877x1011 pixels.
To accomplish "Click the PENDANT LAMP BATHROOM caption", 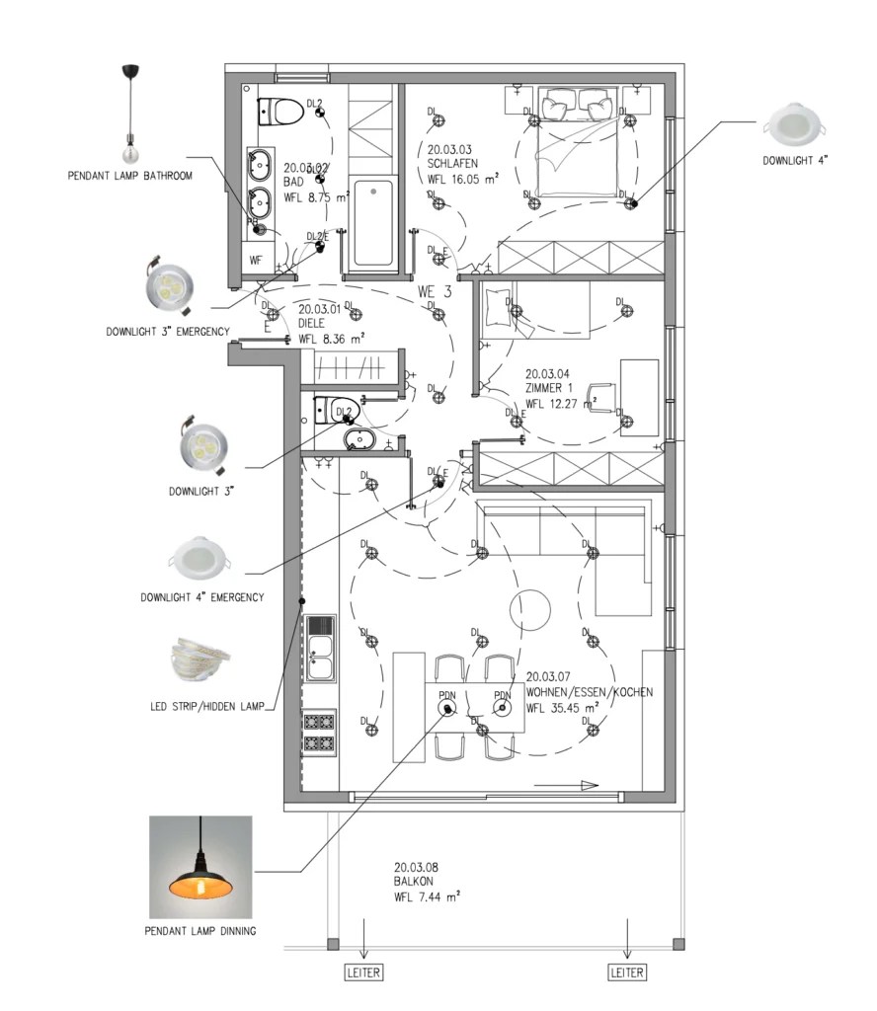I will coord(129,176).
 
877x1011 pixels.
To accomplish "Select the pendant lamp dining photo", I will coord(200,867).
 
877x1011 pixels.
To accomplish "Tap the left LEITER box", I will coord(362,972).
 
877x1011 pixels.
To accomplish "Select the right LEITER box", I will coord(627,972).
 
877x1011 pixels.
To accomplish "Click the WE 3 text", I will coord(435,292).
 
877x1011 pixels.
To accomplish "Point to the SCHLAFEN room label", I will coord(453,164).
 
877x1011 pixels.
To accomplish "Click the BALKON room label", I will coord(415,882).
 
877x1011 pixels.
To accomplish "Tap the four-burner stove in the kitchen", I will coord(321,734).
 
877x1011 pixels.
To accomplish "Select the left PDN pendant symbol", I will coord(447,710).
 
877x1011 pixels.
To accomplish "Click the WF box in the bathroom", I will coord(256,260).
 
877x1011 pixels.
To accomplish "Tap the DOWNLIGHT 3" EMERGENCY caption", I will coord(168,331).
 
